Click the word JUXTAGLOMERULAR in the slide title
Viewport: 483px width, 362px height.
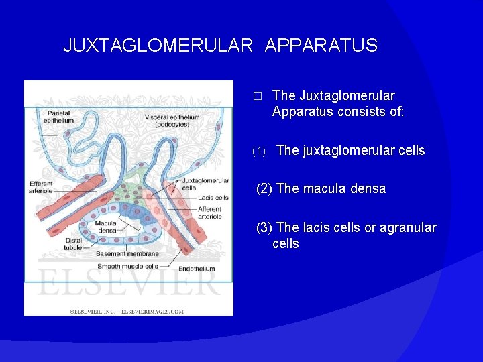coord(158,46)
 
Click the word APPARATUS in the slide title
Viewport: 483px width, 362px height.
coord(321,46)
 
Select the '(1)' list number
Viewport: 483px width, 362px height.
coord(259,152)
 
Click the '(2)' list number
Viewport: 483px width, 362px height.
coord(264,188)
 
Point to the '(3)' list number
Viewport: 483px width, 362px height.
coord(264,228)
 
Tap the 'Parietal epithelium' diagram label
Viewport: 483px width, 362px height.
coord(59,117)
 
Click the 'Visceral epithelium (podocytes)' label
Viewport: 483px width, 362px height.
coord(172,121)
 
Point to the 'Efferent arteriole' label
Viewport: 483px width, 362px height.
coord(41,187)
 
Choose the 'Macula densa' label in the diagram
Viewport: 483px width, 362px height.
coord(106,227)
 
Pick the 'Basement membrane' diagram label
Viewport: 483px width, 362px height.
coord(127,254)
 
